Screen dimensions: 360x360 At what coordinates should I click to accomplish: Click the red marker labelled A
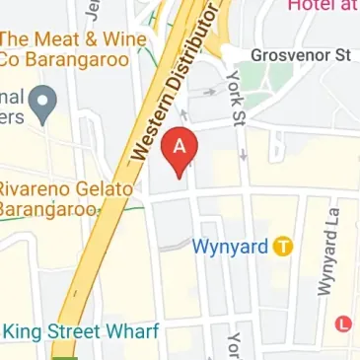(x=180, y=150)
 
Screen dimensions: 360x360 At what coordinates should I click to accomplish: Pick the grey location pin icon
(x=41, y=99)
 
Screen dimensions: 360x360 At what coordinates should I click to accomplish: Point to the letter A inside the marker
(x=180, y=144)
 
